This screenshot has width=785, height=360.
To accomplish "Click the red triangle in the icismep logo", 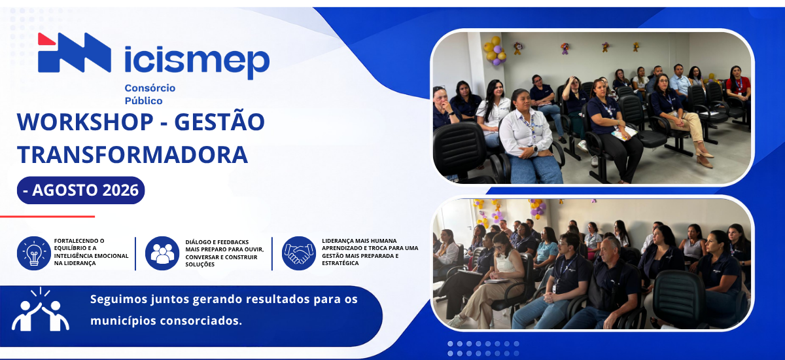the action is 45,40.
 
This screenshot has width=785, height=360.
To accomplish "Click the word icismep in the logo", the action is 197,62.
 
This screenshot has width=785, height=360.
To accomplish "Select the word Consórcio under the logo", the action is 150,88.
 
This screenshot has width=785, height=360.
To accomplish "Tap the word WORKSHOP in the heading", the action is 85,122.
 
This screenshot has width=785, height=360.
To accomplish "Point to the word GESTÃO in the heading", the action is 220,121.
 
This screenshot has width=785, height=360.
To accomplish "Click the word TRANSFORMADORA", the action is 132,155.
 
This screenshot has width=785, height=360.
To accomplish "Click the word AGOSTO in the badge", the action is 65,190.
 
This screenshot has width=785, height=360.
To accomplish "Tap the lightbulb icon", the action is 34,253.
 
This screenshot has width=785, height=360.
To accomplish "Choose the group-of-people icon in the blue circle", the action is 162,253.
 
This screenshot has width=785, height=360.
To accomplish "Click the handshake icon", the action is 299,253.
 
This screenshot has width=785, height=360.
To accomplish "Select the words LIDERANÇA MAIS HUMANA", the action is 360,241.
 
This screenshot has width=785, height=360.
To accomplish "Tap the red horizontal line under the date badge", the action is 47,217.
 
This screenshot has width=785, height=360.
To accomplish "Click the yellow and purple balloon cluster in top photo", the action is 495,51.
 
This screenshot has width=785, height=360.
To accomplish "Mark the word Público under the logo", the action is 144,101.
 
